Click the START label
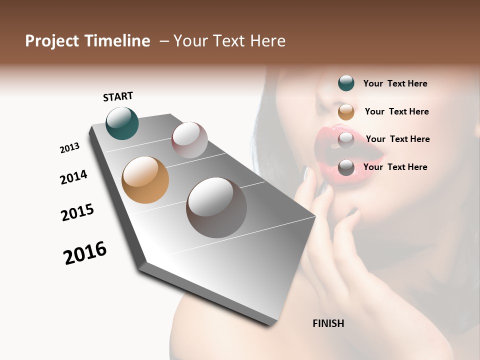pyautogui.click(x=118, y=96)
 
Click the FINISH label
pyautogui.click(x=328, y=323)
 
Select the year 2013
pyautogui.click(x=69, y=148)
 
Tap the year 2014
pyautogui.click(x=73, y=177)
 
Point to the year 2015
pyautogui.click(x=77, y=212)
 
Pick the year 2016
pyautogui.click(x=85, y=253)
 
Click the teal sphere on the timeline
pyautogui.click(x=122, y=123)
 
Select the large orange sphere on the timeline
pyautogui.click(x=145, y=180)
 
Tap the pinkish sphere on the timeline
pyautogui.click(x=189, y=140)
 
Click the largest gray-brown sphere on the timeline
pyautogui.click(x=216, y=207)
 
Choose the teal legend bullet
pyautogui.click(x=346, y=83)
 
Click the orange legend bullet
pyautogui.click(x=346, y=112)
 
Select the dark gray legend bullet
pyautogui.click(x=346, y=167)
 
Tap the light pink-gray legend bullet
pyautogui.click(x=346, y=140)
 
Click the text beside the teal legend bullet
pyautogui.click(x=395, y=83)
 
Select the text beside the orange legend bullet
pyautogui.click(x=396, y=111)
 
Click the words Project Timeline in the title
pyautogui.click(x=87, y=41)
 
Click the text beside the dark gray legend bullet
pyautogui.click(x=395, y=167)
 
